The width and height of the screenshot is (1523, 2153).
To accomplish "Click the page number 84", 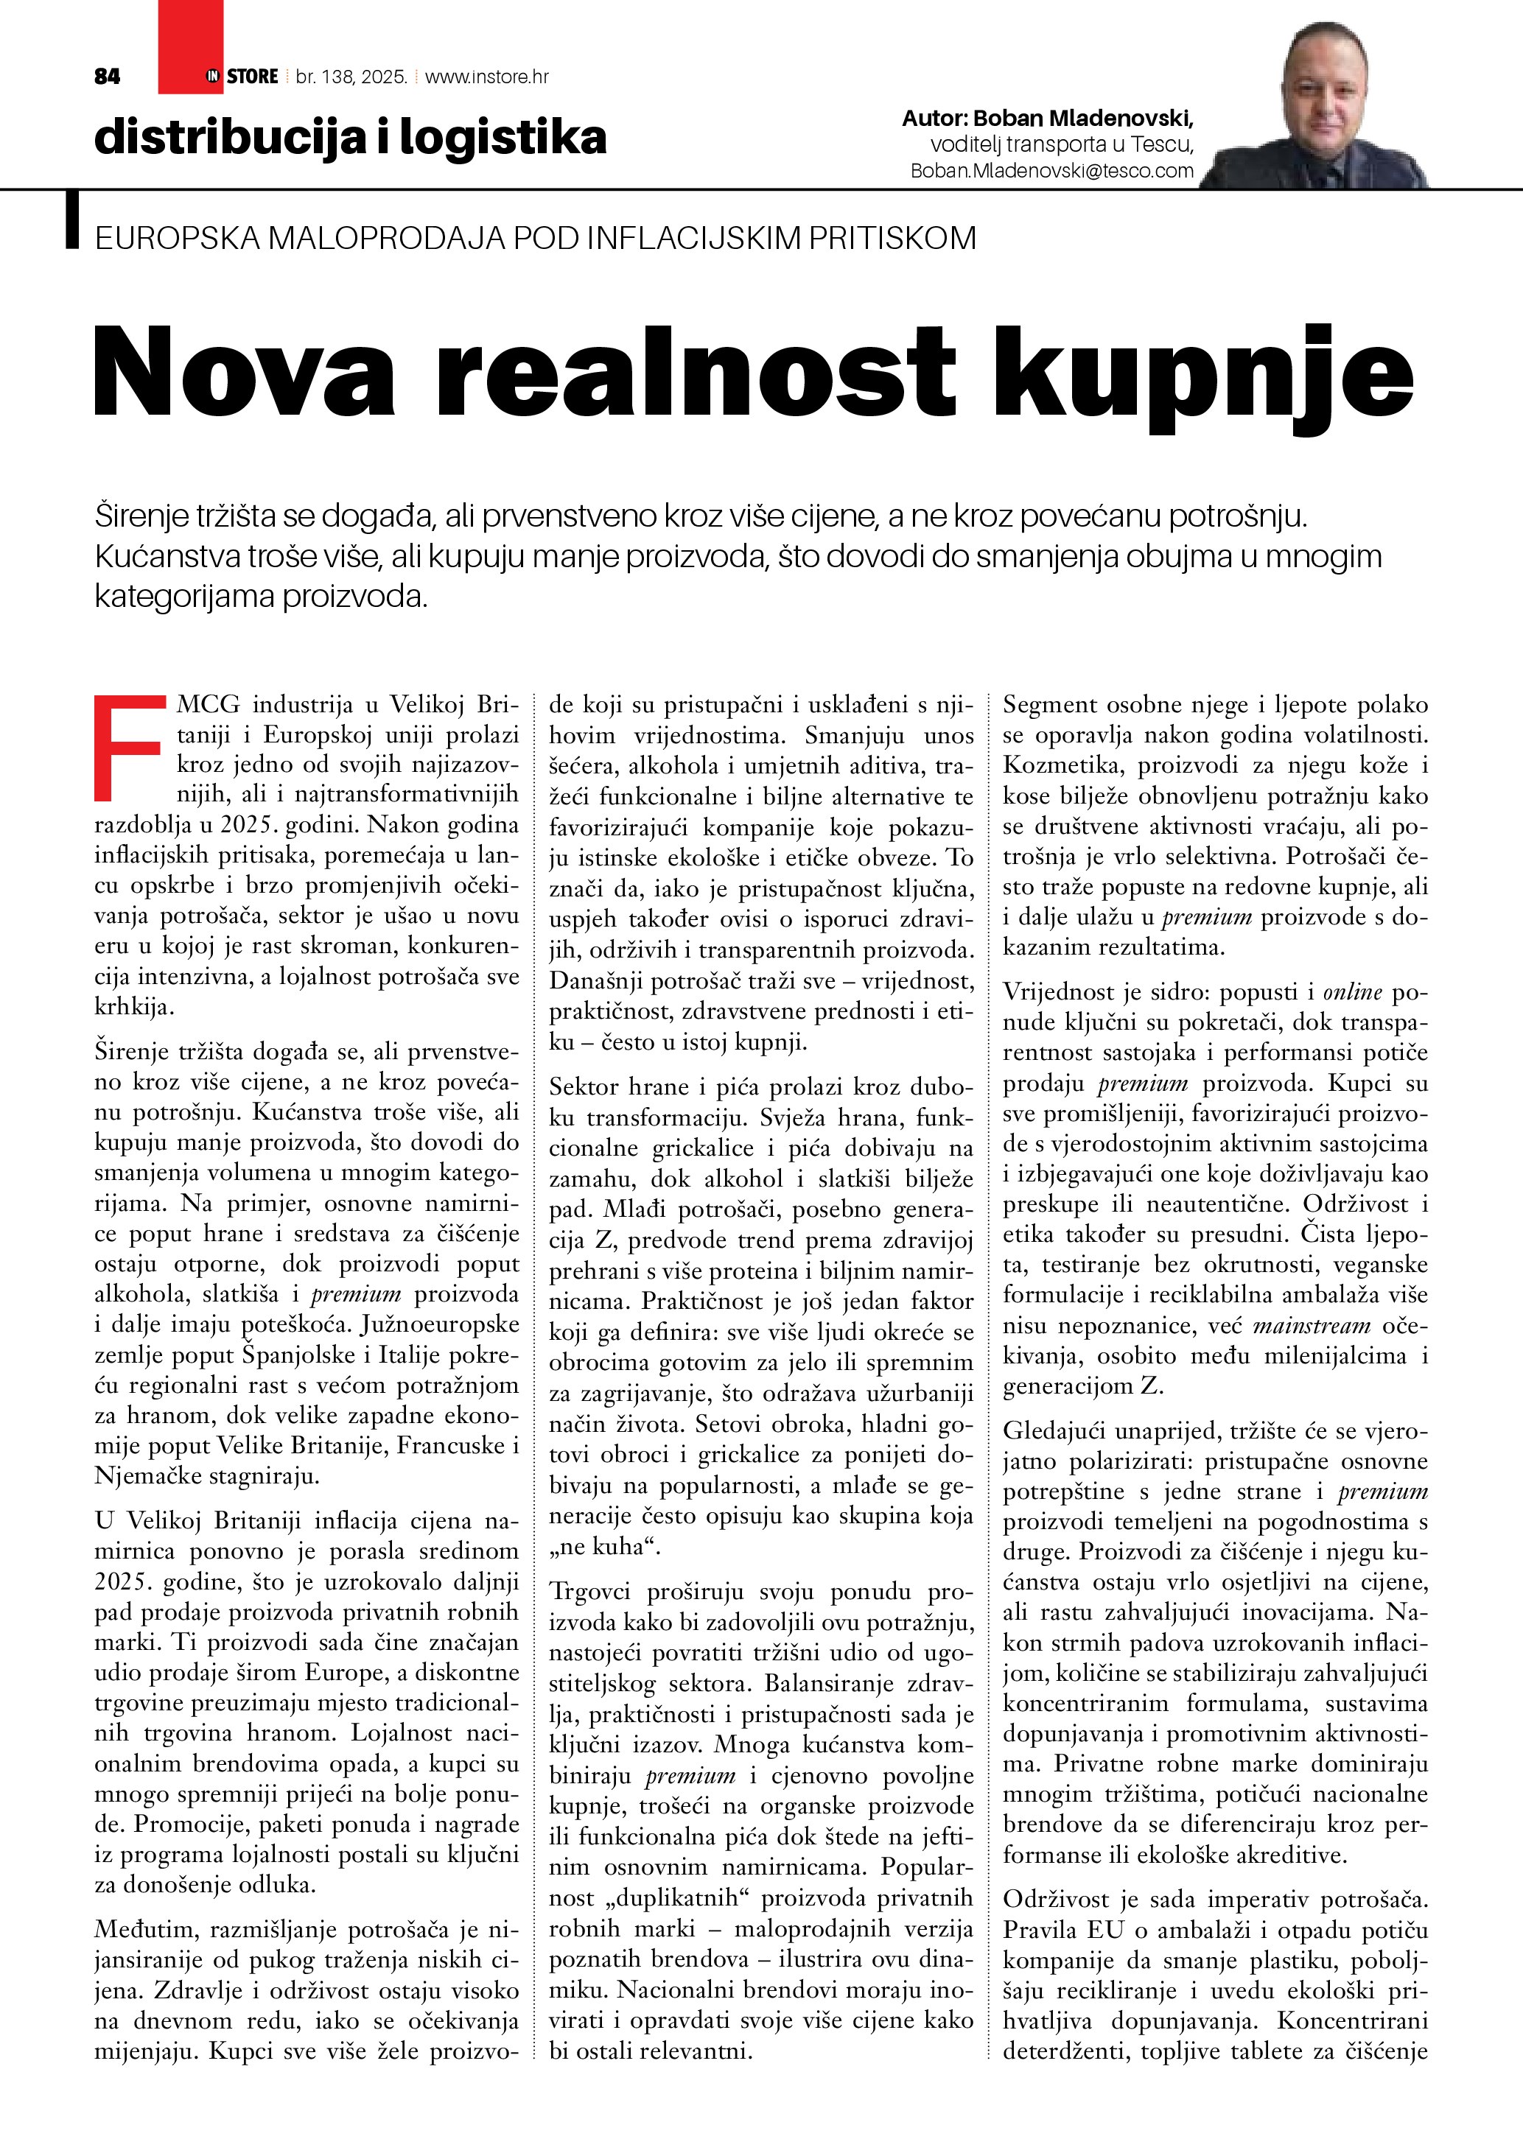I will click(x=108, y=77).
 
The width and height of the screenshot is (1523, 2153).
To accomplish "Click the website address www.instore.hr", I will click(x=487, y=77).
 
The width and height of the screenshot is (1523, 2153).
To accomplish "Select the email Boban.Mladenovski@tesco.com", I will click(x=1052, y=171).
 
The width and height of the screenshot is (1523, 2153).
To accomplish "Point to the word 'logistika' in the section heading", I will click(x=503, y=137).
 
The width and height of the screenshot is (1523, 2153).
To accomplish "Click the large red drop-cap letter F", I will click(x=128, y=748).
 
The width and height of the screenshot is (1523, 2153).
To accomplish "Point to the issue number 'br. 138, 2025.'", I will click(x=351, y=77).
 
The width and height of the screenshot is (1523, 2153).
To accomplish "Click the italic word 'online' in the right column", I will click(x=1352, y=992).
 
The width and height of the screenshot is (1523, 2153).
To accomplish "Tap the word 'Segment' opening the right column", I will click(x=1049, y=705).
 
